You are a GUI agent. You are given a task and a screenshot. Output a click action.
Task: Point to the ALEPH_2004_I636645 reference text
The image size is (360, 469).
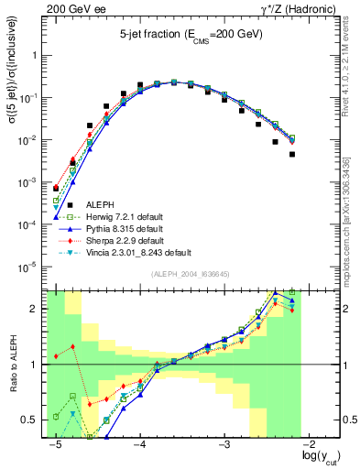177,274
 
